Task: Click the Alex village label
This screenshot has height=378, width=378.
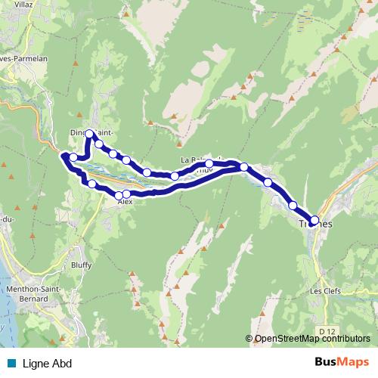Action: coord(125,203)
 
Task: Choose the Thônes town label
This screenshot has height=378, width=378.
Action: coord(314,225)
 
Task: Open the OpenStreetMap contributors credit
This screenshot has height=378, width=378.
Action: coord(312,338)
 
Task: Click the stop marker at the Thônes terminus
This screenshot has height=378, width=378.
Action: coord(314,219)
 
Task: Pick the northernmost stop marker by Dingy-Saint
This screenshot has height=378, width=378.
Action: coord(90,134)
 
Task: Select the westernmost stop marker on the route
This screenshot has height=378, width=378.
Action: coord(65,156)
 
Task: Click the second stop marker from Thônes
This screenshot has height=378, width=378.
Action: coord(293,205)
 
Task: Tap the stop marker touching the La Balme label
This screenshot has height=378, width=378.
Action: coord(209,163)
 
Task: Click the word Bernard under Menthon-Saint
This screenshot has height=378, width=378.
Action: coord(28,299)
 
